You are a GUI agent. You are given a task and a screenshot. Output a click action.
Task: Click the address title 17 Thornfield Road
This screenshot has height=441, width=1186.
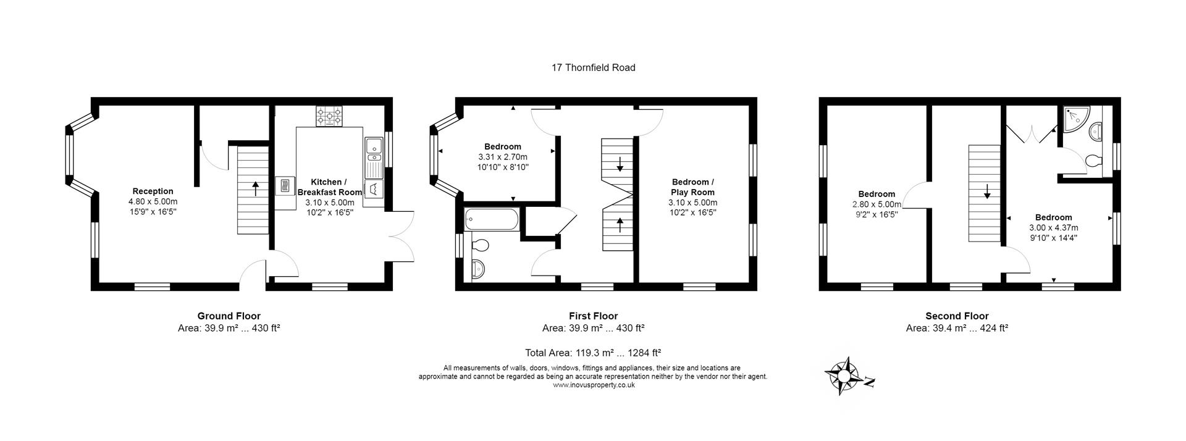593,68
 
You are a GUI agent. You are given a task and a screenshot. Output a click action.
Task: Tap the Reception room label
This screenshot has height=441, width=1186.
153,191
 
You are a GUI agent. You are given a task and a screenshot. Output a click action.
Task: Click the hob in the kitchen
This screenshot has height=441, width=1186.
330,116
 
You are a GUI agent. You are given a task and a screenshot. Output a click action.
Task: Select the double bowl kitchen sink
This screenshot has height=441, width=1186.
374,146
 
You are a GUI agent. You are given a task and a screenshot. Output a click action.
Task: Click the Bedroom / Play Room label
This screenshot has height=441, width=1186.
692,187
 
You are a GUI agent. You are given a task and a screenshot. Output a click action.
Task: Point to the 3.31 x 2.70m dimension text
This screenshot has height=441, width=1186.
502,157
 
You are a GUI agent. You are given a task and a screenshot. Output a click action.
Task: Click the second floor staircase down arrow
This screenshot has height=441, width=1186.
987,191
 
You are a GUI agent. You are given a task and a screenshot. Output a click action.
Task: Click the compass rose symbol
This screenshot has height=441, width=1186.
843,376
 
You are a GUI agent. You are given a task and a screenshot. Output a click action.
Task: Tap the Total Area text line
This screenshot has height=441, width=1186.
593,353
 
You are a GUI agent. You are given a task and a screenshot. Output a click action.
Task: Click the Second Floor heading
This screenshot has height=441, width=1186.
957,316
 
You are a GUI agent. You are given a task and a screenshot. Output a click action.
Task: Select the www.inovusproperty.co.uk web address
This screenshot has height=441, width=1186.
593,385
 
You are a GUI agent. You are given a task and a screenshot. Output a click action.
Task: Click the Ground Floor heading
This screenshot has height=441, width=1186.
229,316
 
